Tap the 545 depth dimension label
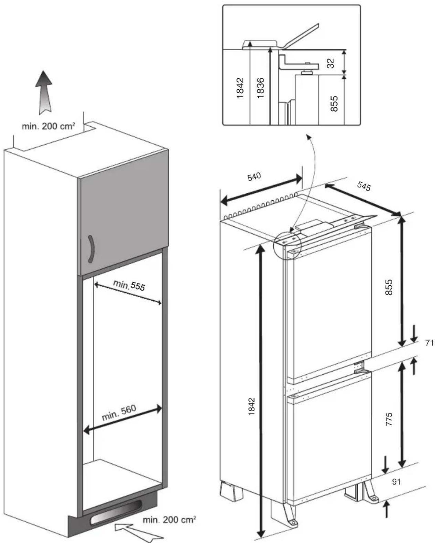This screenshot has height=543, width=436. (x=364, y=186)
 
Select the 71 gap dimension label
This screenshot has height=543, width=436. (x=429, y=343)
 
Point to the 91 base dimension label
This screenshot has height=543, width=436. (x=396, y=481)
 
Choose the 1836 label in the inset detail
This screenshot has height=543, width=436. (x=260, y=88)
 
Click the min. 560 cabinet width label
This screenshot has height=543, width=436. (x=119, y=413)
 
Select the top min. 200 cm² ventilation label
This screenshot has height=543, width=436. (x=48, y=126)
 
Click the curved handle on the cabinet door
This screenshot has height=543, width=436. (x=91, y=249)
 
